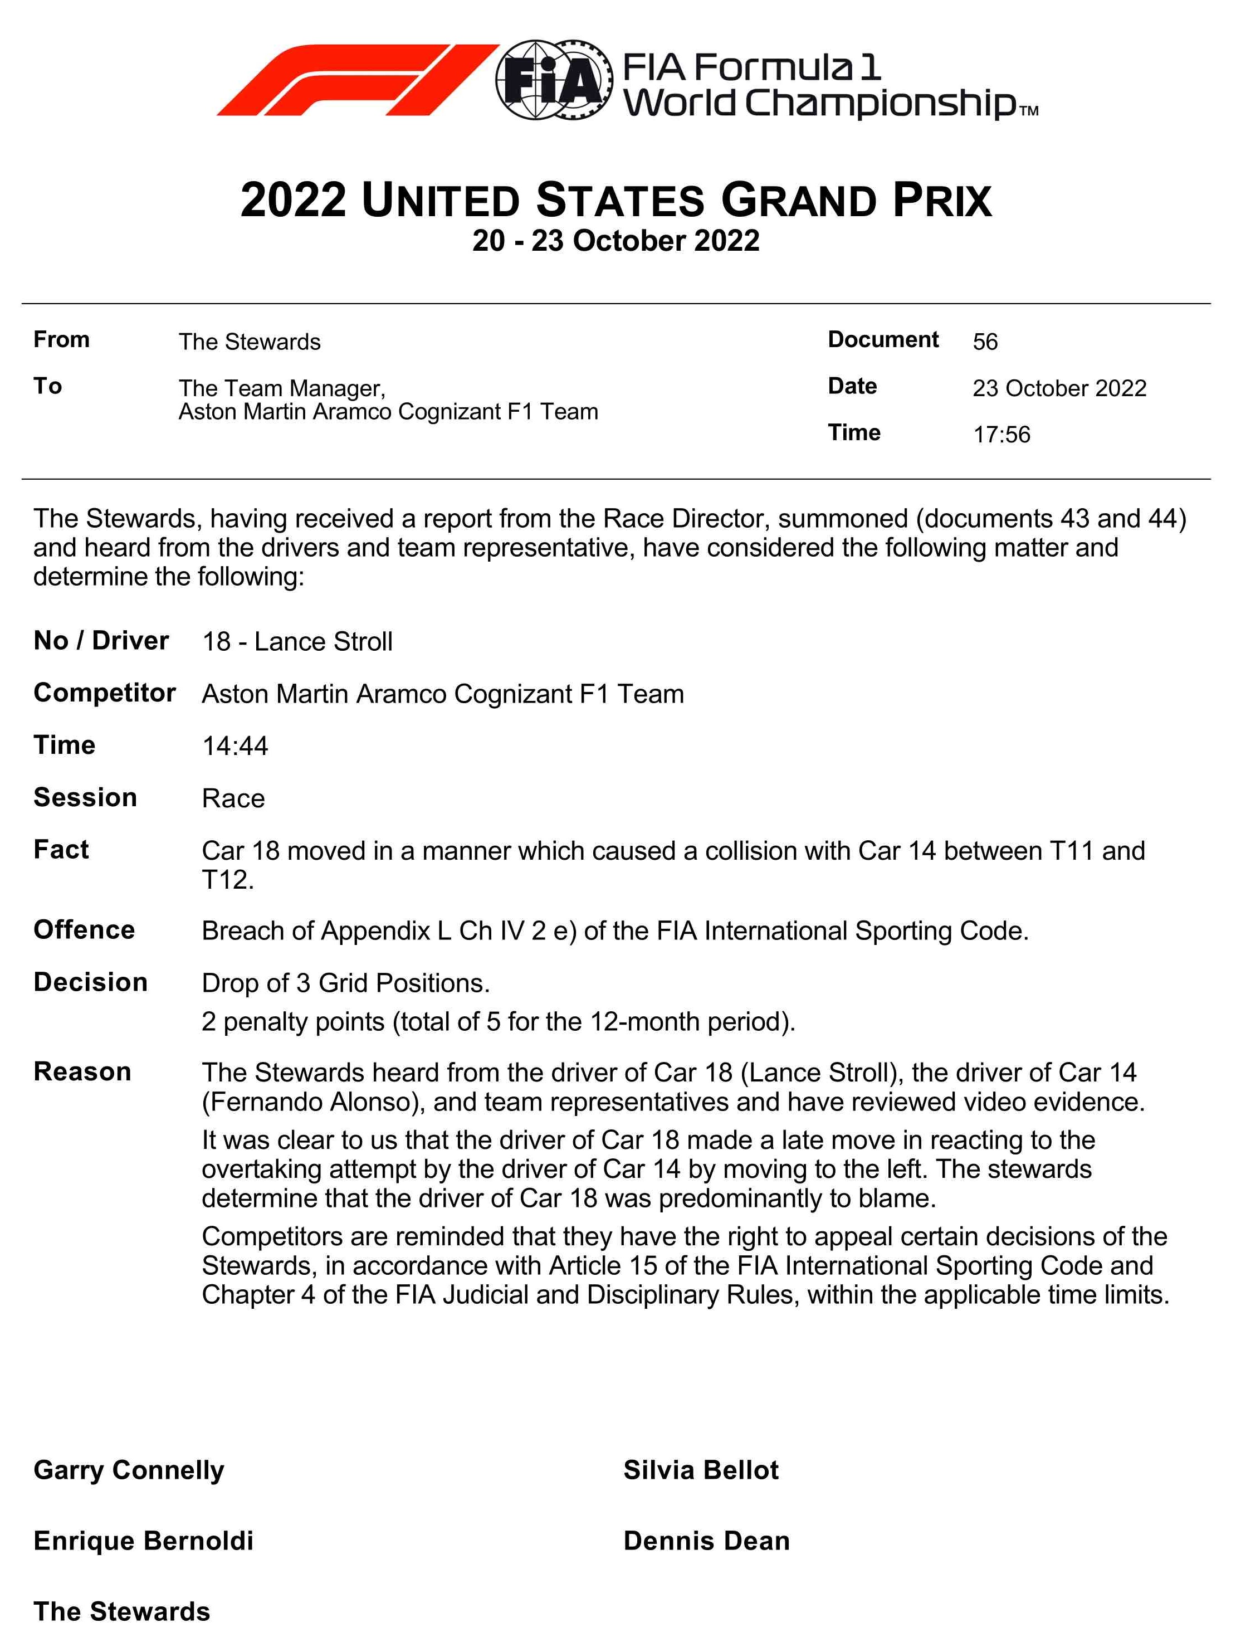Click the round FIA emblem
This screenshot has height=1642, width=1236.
point(554,80)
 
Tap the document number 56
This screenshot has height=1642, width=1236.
point(985,342)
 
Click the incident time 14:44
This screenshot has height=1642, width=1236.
point(235,746)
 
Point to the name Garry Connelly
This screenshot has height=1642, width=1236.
point(128,1470)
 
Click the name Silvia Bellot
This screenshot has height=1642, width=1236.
point(700,1470)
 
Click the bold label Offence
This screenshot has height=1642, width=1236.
point(84,930)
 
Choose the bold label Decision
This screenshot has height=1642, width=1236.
point(90,983)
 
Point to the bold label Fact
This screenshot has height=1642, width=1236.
point(61,850)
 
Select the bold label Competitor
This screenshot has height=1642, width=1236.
point(105,693)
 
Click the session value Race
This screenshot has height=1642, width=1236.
point(233,799)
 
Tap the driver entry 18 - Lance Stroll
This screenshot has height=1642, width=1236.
point(297,642)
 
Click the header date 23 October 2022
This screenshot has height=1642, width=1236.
point(1059,388)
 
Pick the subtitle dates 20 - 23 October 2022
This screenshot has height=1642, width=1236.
point(616,241)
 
